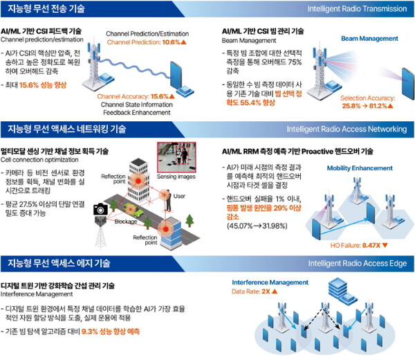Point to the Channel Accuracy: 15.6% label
[133, 96]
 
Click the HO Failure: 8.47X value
[354, 244]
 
